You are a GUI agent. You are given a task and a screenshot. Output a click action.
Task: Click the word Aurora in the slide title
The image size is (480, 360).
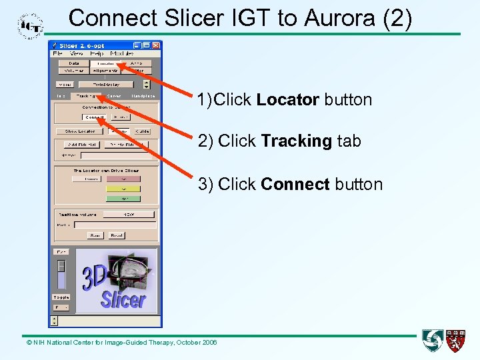[x=338, y=18]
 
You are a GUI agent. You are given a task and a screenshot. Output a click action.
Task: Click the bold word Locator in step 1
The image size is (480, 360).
[x=288, y=100]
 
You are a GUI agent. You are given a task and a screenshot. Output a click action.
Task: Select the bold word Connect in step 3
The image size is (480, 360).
[x=295, y=184]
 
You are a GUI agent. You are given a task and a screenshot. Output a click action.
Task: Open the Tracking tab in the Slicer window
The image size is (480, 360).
[x=85, y=96]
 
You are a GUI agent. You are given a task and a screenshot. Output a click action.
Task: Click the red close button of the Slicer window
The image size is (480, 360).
[x=156, y=45]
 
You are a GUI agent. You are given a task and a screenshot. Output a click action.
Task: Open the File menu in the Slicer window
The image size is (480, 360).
[x=58, y=53]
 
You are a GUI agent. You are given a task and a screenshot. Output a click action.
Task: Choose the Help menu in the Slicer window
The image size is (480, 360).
[x=97, y=53]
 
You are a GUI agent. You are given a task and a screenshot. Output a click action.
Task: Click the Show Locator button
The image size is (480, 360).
[x=80, y=131]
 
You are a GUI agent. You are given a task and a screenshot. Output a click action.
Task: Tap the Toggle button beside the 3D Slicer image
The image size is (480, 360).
[x=61, y=297]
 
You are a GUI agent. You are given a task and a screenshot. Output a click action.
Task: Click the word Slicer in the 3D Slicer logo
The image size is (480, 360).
[x=123, y=299]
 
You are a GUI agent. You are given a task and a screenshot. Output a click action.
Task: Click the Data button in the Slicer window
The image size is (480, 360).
[x=73, y=63]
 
